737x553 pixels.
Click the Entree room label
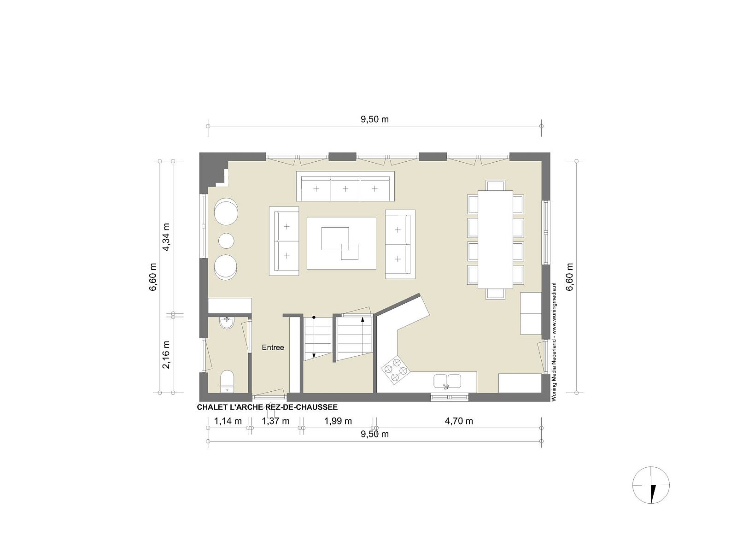point(273,347)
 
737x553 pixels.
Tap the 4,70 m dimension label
point(459,421)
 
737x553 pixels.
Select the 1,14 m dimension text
point(228,421)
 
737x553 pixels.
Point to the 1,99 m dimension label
point(338,421)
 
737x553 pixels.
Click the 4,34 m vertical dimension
point(167,237)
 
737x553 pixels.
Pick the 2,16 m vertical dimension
point(167,354)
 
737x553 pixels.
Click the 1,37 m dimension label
point(275,421)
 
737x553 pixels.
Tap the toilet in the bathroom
point(227,382)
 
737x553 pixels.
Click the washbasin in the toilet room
point(227,323)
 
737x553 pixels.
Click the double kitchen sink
point(447,382)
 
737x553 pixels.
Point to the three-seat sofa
point(345,186)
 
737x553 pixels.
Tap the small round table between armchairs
point(226,241)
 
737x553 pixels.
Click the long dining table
point(495,239)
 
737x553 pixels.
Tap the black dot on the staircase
point(314,317)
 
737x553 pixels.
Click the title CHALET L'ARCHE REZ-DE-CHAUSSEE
point(267,407)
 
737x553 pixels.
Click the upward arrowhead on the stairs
point(363,319)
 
